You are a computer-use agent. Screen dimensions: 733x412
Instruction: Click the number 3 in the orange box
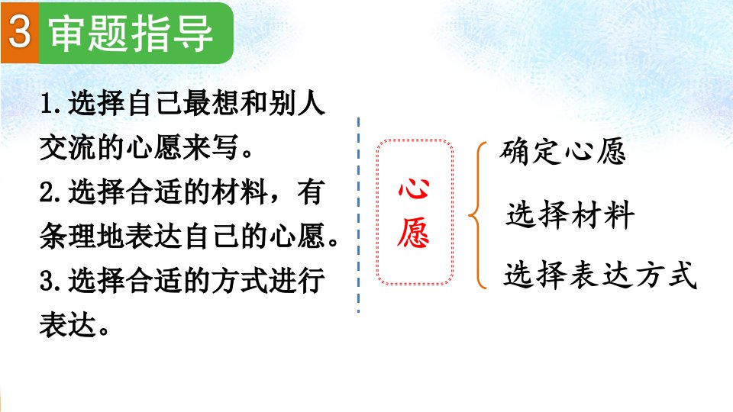19,32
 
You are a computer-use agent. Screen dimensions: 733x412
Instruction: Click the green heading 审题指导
131,33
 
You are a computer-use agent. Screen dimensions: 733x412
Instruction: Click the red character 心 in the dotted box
414,188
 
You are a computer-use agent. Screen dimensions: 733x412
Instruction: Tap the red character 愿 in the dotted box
413,233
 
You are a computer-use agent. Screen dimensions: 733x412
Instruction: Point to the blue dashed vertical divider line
359,215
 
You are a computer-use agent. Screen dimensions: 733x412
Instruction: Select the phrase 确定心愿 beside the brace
563,151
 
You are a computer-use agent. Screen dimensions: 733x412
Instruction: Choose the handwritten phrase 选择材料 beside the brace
570,215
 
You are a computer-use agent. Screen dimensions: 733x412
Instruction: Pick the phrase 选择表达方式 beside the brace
600,274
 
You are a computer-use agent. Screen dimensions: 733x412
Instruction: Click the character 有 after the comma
311,192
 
